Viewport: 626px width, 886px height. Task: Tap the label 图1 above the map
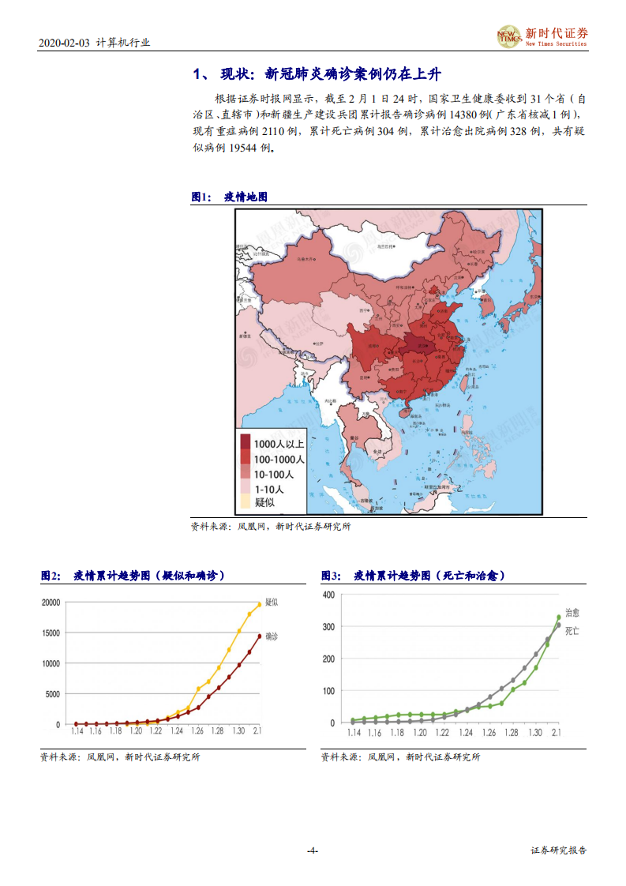pyautogui.click(x=201, y=197)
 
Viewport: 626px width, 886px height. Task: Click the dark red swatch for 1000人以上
pyautogui.click(x=246, y=444)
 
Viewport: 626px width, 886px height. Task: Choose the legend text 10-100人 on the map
pyautogui.click(x=274, y=474)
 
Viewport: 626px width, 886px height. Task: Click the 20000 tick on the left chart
pyautogui.click(x=50, y=603)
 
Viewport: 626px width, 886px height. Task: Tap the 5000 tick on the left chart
pyautogui.click(x=52, y=694)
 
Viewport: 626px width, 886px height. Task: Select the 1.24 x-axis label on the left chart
pyautogui.click(x=177, y=732)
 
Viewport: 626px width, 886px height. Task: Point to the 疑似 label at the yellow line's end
pyautogui.click(x=272, y=603)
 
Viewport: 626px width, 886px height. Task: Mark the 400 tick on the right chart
pyautogui.click(x=329, y=595)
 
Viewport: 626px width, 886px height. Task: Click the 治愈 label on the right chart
pyautogui.click(x=572, y=613)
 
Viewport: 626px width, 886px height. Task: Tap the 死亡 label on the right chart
pyautogui.click(x=572, y=632)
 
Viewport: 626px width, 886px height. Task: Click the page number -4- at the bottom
pyautogui.click(x=312, y=850)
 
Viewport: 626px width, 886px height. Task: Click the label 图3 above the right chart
pyautogui.click(x=330, y=576)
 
